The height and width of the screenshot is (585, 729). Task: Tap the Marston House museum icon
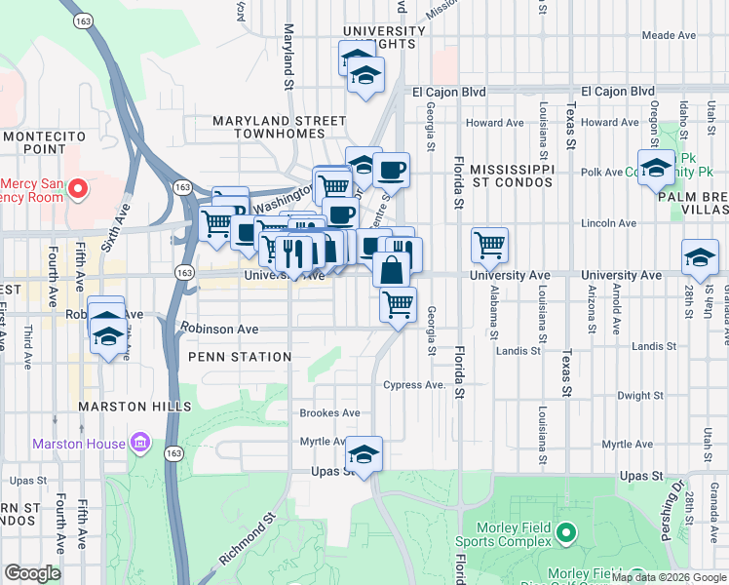point(139,444)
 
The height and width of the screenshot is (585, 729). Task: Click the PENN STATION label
point(240,357)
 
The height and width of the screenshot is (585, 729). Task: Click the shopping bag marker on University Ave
point(390,269)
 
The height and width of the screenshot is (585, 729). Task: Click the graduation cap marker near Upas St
point(364,454)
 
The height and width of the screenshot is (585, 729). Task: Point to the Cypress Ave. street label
point(414,384)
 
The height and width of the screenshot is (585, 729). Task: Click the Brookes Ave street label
point(329,413)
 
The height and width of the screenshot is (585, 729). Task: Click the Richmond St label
point(240,542)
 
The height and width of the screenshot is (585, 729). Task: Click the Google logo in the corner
point(32,573)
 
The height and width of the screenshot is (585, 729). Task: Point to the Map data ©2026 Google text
point(669,577)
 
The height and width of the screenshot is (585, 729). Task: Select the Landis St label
point(653,346)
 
